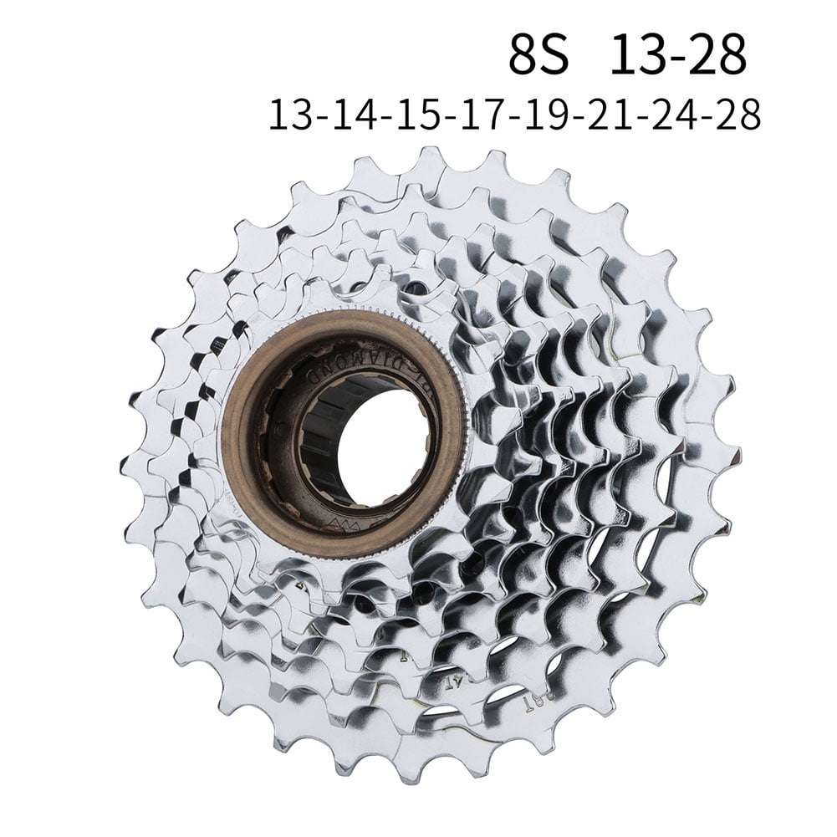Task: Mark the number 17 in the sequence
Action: click(x=477, y=115)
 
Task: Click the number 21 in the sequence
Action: click(x=604, y=115)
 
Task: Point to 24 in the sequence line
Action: click(x=667, y=115)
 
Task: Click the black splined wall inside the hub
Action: click(x=318, y=418)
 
